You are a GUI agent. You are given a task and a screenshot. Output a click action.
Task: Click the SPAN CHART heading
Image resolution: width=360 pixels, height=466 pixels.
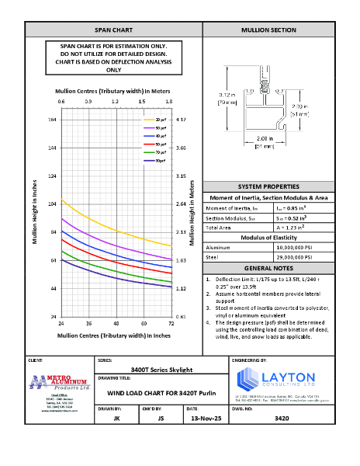(x=113, y=30)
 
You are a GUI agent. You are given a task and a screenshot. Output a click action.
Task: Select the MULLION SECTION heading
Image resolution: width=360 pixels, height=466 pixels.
(x=268, y=30)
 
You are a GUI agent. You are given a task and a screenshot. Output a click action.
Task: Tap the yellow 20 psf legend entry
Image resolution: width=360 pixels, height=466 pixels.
(x=161, y=119)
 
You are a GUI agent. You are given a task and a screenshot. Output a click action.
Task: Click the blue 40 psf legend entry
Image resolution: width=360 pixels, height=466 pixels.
(x=161, y=136)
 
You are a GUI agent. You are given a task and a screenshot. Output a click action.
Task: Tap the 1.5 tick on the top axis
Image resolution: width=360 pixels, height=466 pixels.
(x=142, y=102)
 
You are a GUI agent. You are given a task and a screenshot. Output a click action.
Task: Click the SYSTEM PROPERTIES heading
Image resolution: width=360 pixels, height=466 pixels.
(x=268, y=188)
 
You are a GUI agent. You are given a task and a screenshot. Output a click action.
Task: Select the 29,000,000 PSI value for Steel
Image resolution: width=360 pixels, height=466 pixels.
(x=294, y=255)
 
